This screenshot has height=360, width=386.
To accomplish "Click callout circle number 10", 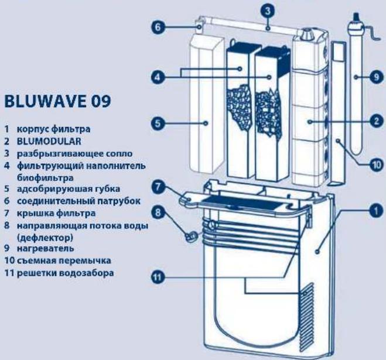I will click(375, 165).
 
